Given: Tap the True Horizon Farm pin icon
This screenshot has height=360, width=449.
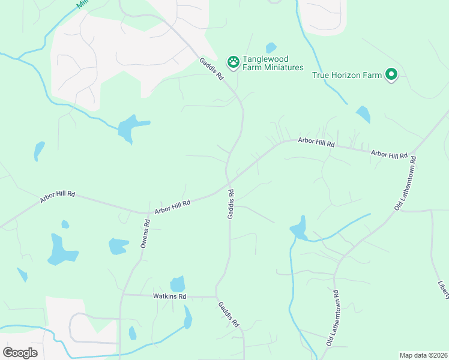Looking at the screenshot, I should coord(391,74).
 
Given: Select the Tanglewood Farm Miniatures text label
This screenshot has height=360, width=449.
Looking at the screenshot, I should coord(273,63).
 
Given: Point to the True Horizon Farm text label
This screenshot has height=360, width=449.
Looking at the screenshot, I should coord(347,75).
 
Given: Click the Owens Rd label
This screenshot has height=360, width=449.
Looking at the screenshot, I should coord(144,233).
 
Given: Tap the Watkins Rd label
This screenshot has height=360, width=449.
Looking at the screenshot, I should coord(170,296).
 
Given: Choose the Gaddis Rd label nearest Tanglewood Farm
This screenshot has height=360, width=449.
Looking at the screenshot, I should coord(212,68).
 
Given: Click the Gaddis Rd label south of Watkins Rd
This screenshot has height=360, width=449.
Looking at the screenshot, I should coord(229,313).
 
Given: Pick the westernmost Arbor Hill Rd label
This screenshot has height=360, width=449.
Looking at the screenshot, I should coord(58,197).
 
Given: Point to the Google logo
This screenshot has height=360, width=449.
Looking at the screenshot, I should coord(20,352).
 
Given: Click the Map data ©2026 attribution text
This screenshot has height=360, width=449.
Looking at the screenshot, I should coord(423,355).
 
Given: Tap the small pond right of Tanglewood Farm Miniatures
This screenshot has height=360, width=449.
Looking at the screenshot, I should coord(271,47).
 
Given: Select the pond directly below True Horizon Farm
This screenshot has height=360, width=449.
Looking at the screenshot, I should coord(363,114).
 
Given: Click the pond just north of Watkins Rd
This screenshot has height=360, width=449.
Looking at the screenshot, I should coord(178,284).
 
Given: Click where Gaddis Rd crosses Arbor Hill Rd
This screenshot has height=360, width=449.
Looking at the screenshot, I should coord(229,182).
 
